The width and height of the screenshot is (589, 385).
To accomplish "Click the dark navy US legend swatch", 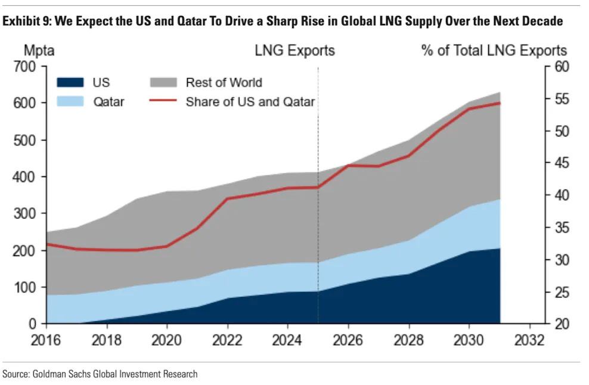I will click(x=70, y=83).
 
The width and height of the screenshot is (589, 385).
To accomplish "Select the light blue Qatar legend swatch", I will click(x=70, y=102).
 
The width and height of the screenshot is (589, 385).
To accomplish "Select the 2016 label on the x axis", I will click(x=46, y=340).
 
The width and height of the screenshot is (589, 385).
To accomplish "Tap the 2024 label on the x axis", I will click(x=288, y=340).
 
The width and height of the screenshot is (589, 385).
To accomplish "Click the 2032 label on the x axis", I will click(x=530, y=340).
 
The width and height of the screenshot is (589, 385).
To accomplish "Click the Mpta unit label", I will click(x=39, y=50).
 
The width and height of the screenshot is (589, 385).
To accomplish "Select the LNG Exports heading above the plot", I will click(x=294, y=50).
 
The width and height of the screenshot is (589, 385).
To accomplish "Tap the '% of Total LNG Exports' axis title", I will click(x=494, y=50).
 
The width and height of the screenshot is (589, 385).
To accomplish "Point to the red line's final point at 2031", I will click(x=500, y=103).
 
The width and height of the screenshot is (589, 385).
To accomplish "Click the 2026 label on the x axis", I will click(x=349, y=340).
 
